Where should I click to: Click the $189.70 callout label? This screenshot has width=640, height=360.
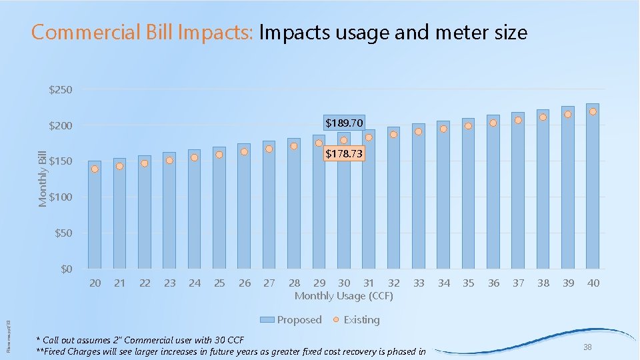tap(344, 123)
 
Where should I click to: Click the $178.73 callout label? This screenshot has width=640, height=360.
tap(344, 154)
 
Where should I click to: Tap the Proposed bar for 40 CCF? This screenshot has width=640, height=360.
tap(593, 193)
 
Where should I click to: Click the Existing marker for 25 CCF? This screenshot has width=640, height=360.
tap(219, 155)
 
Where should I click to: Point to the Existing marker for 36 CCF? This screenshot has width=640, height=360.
tap(493, 123)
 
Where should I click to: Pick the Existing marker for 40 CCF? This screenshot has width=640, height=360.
tap(593, 111)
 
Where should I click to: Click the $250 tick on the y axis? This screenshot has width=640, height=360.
tap(61, 89)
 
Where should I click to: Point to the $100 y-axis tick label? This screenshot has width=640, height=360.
tap(61, 197)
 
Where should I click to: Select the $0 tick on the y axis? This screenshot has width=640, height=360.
tap(66, 269)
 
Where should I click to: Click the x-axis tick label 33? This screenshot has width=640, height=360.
tap(419, 283)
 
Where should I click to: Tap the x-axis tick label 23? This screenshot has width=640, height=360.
tap(170, 283)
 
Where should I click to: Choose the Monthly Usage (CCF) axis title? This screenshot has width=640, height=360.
tap(344, 295)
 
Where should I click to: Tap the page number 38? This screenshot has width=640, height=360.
tap(587, 347)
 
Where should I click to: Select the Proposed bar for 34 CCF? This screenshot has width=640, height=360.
tap(443, 200)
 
